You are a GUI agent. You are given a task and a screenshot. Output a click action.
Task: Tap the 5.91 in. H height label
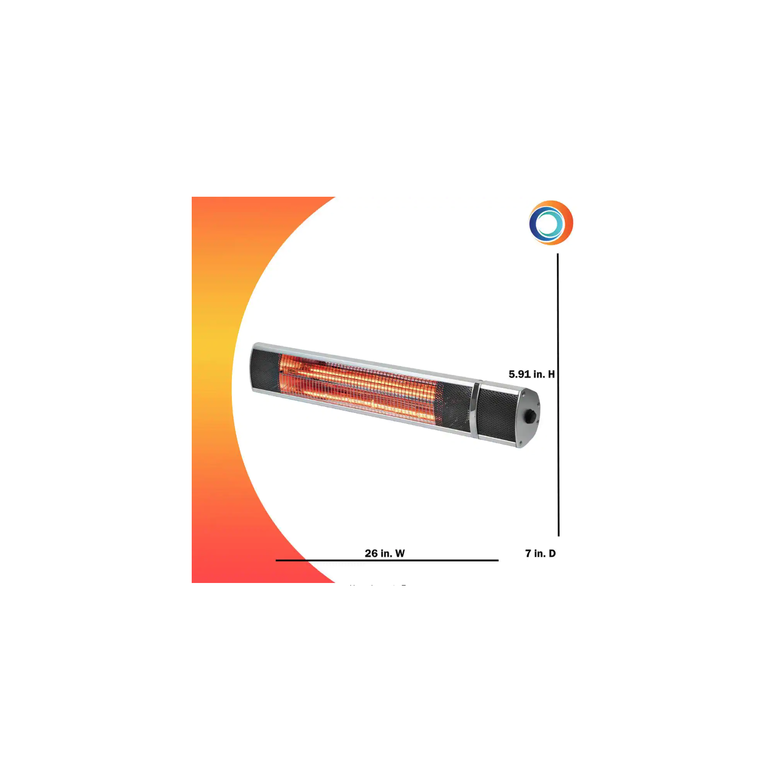tap(531, 374)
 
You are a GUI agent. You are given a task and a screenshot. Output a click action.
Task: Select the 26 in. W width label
tap(384, 553)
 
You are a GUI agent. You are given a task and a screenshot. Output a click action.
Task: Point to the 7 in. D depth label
tap(540, 553)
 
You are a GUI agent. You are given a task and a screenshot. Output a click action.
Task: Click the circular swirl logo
tap(550, 223)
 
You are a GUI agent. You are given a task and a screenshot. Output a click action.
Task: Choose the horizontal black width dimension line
tap(386, 560)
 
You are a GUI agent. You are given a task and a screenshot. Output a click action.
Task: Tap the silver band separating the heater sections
tap(475, 410)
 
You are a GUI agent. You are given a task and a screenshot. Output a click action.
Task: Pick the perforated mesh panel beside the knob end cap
tap(497, 414)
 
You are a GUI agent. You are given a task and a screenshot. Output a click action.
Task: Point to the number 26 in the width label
tap(371, 553)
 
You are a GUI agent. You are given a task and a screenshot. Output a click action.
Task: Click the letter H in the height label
tap(551, 374)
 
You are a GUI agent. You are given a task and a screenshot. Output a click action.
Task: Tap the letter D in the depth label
tap(552, 553)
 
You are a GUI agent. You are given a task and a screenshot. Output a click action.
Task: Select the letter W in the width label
tap(400, 553)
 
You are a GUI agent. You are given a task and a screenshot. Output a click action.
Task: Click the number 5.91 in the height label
tap(519, 374)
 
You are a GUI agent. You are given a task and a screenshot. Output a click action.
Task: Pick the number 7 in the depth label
tap(528, 553)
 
